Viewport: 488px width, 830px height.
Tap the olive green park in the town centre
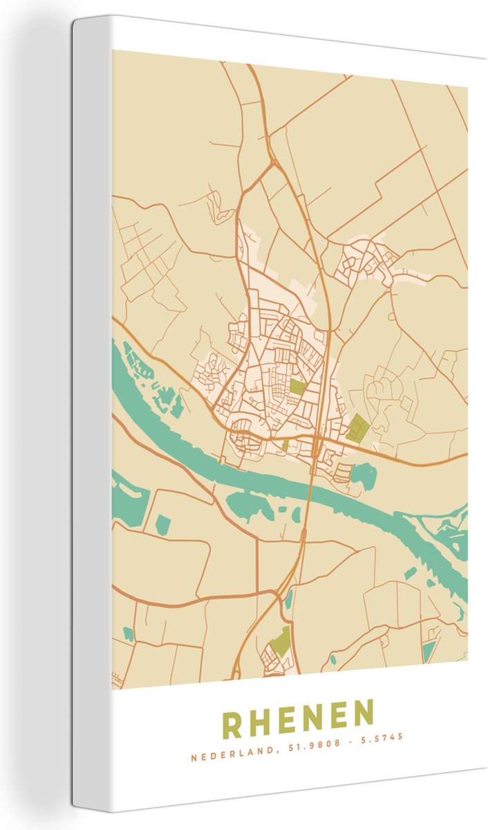297,387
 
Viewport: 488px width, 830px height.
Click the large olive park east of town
357,428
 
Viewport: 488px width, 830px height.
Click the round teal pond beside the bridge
364,476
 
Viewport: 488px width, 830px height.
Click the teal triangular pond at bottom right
429,650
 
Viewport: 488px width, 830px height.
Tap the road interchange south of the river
282,593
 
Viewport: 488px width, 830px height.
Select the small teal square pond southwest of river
162,525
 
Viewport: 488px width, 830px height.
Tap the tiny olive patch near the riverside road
285,445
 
